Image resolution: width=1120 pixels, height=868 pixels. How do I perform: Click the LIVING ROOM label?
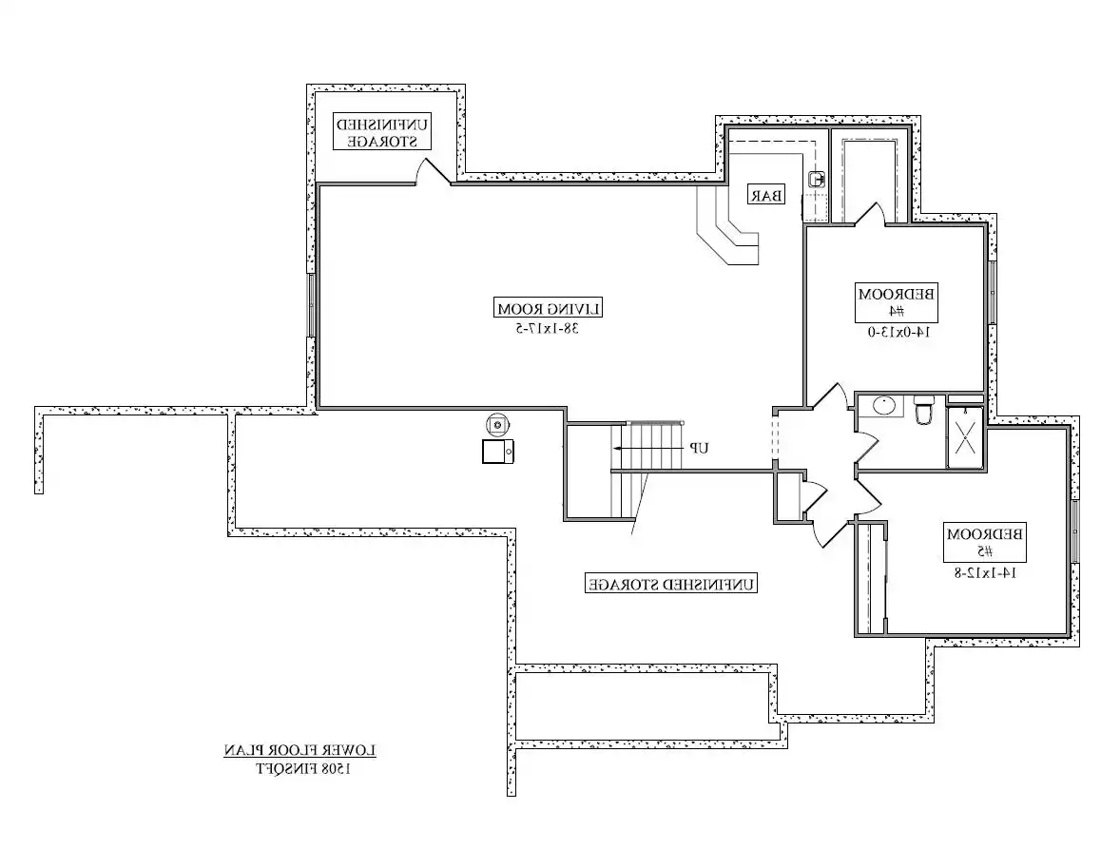549,309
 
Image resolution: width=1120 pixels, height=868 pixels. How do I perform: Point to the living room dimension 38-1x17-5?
548,329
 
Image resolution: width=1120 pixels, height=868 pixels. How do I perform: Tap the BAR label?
766,194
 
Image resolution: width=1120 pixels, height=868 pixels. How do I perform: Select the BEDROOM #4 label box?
897,302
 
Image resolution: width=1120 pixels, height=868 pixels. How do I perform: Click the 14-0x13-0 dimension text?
899,332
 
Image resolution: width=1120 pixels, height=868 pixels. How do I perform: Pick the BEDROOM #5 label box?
985,542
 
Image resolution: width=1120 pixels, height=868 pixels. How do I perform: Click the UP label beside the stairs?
699,448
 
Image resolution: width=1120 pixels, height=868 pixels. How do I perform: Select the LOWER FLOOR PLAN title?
300,750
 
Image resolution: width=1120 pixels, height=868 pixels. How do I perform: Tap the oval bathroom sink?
884,406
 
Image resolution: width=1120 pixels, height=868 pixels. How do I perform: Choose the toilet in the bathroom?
923,409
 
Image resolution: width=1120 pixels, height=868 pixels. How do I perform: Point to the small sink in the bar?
817,179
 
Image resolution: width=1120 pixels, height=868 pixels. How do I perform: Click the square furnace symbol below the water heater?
498,452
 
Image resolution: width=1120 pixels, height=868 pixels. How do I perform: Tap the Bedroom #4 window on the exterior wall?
993,292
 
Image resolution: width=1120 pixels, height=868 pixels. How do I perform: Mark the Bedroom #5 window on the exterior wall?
1075,531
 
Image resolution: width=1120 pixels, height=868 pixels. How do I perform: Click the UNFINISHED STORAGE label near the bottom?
670,584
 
